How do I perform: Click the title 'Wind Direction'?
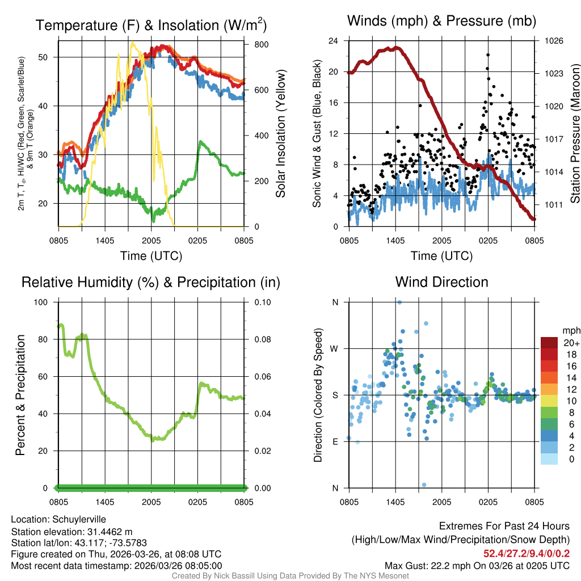click(x=441, y=282)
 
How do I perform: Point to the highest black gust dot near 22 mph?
click(x=488, y=54)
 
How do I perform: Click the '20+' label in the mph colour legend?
click(x=571, y=343)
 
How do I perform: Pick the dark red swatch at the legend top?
click(x=549, y=343)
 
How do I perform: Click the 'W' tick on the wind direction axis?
click(x=335, y=348)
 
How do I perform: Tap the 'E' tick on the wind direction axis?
click(x=335, y=441)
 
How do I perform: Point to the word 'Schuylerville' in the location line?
click(x=79, y=519)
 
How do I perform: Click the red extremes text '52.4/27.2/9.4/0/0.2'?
click(x=527, y=553)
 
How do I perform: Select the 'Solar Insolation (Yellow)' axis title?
click(x=280, y=133)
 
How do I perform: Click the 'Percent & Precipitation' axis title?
click(x=20, y=395)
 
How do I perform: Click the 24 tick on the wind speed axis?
click(x=334, y=41)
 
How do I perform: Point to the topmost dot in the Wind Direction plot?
click(x=399, y=302)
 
